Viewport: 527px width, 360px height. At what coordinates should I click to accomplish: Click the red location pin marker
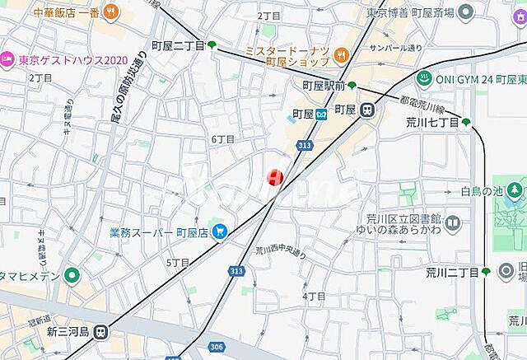click(x=275, y=177)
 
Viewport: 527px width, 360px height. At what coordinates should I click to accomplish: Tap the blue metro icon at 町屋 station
click(x=322, y=114)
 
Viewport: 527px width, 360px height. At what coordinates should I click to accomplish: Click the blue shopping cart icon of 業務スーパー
click(x=219, y=232)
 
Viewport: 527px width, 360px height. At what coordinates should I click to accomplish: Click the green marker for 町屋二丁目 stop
click(x=212, y=45)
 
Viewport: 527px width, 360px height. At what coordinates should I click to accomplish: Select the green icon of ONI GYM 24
click(x=424, y=78)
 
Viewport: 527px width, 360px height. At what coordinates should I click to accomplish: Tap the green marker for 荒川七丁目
click(x=466, y=123)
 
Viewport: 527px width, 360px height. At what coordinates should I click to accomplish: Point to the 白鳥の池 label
click(x=482, y=191)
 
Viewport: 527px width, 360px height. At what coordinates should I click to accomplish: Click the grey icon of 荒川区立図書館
click(x=454, y=222)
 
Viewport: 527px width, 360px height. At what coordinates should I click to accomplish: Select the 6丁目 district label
click(x=222, y=139)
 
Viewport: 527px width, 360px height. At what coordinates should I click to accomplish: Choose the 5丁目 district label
click(x=178, y=262)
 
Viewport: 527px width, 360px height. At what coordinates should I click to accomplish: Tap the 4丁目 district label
click(x=314, y=296)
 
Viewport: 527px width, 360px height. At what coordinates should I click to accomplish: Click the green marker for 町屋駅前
click(x=352, y=85)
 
